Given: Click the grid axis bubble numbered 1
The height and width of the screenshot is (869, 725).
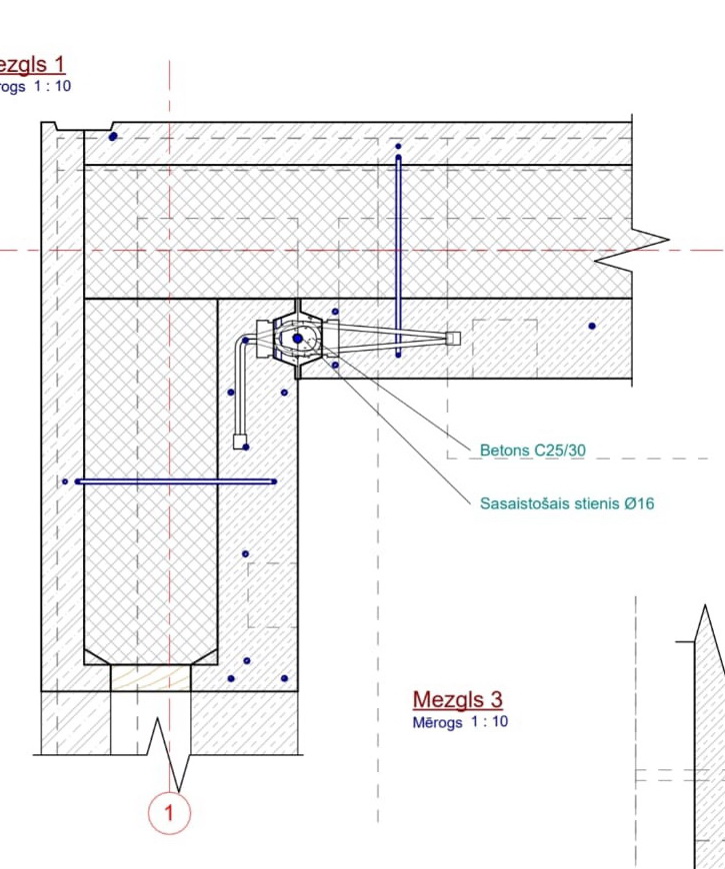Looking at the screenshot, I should tap(168, 812).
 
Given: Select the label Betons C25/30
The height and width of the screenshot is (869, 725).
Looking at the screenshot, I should tap(532, 450).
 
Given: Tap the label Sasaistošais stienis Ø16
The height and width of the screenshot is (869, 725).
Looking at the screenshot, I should tap(567, 503).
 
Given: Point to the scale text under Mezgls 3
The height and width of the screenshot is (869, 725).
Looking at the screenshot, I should tap(460, 721).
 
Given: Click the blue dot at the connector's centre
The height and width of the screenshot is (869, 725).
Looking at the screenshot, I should tap(298, 340).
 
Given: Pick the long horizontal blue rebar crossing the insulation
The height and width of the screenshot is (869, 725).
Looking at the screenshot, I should tap(175, 481).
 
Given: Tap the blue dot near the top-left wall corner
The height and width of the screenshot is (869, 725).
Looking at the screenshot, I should tap(113, 136).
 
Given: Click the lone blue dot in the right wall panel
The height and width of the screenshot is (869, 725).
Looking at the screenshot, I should tap(592, 326).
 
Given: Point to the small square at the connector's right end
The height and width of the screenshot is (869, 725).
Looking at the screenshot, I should tap(453, 338).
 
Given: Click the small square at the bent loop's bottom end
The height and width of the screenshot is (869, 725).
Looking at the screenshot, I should tap(239, 440).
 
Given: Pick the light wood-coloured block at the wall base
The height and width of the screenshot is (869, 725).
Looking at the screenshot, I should tap(150, 678).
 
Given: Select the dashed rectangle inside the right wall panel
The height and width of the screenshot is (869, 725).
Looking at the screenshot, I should tap(504, 349).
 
